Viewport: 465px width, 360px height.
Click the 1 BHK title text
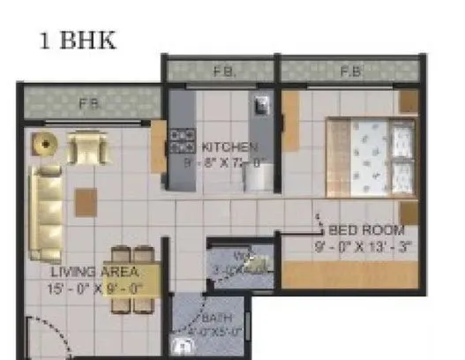[78, 41]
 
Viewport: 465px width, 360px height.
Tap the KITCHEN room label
[229, 147]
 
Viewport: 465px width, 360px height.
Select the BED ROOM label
[360, 230]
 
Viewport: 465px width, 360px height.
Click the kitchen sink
[262, 107]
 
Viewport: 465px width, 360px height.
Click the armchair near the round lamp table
[87, 147]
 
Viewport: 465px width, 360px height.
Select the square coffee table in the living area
[86, 202]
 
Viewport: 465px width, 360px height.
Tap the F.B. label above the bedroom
[350, 71]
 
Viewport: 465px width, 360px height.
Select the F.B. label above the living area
[87, 104]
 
